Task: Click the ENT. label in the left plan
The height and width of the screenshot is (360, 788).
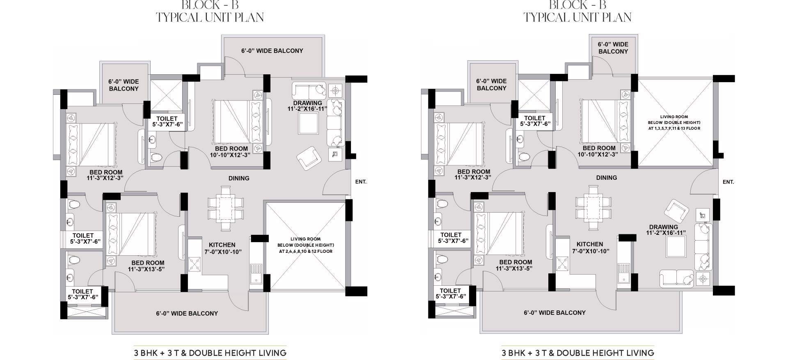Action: click(x=361, y=181)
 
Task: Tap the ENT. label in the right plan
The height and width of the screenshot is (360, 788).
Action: click(x=728, y=181)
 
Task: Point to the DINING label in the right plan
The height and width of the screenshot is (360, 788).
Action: click(x=607, y=178)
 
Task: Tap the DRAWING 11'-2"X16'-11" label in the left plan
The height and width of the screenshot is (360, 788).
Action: click(x=307, y=106)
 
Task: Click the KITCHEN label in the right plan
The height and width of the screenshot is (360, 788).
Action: click(x=590, y=244)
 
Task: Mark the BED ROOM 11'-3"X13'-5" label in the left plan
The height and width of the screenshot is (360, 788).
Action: click(x=148, y=266)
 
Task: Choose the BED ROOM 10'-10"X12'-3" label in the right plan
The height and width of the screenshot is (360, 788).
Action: click(x=599, y=151)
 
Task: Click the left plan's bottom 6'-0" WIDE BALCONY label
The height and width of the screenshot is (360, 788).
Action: click(x=187, y=314)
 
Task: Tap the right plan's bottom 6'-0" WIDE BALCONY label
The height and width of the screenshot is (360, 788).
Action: click(x=554, y=313)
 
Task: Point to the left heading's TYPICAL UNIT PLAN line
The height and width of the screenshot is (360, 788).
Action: click(x=210, y=17)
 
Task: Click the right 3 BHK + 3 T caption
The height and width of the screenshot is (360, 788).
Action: click(x=577, y=353)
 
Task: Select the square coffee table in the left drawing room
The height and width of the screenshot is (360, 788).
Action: click(x=309, y=123)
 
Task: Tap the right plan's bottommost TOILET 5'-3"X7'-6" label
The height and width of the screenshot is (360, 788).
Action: click(x=450, y=294)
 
